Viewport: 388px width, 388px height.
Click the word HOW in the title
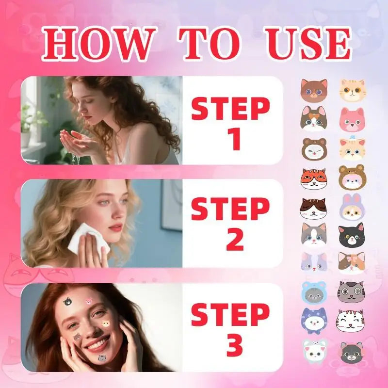pos(97,45)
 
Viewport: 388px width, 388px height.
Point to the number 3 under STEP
pos(231,345)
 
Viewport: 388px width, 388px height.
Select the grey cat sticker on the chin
pos(102,358)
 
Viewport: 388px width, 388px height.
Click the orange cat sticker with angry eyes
pos(313,179)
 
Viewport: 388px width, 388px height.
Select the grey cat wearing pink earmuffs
pos(351,352)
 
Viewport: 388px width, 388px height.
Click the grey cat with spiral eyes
pos(351,292)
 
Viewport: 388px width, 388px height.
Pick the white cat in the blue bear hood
pos(313,292)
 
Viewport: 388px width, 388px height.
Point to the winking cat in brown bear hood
pos(313,149)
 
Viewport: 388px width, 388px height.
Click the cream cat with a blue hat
pos(351,149)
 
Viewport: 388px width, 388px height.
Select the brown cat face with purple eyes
pos(313,90)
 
